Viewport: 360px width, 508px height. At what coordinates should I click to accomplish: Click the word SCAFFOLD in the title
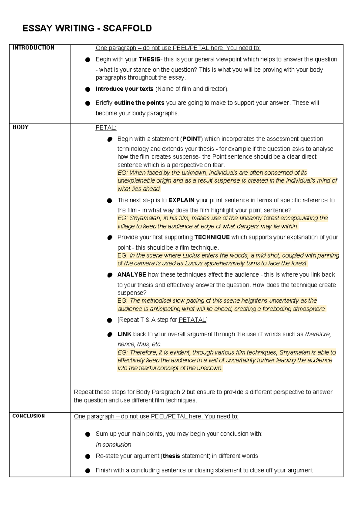(x=127, y=28)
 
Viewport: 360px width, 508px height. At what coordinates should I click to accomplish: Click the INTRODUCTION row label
(x=33, y=48)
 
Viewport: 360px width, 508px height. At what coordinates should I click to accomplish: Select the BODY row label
(x=20, y=127)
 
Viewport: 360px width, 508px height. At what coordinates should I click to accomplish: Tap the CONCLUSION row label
(x=28, y=416)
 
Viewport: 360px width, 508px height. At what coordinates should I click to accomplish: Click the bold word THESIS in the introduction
(x=149, y=59)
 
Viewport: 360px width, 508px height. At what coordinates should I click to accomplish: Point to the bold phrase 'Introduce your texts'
(x=124, y=89)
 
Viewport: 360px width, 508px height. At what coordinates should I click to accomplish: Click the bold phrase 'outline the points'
(x=139, y=103)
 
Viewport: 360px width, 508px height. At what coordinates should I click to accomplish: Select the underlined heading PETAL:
(x=106, y=128)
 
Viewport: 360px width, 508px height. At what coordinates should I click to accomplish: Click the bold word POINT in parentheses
(x=191, y=139)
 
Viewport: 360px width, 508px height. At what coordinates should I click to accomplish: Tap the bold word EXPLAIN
(x=181, y=200)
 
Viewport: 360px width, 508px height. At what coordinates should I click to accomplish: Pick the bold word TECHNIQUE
(x=212, y=237)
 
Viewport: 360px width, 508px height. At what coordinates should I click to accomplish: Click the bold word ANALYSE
(x=132, y=275)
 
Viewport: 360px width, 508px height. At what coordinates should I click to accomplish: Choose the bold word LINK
(x=124, y=334)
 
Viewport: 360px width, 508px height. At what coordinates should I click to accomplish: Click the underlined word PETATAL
(x=192, y=320)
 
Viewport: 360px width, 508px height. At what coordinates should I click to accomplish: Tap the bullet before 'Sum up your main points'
(x=88, y=434)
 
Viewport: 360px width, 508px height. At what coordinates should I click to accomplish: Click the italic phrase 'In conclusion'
(x=113, y=445)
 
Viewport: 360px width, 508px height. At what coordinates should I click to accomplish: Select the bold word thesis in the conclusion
(x=171, y=456)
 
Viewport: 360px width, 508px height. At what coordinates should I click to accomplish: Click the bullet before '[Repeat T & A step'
(x=109, y=320)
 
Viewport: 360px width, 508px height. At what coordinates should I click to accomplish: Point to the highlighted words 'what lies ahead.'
(x=139, y=189)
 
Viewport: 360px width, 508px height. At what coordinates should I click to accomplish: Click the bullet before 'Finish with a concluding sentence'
(x=88, y=471)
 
